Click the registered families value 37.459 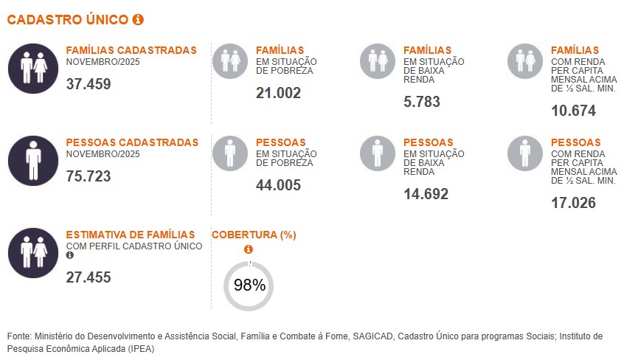tap(89, 84)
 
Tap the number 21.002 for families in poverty tap(278, 93)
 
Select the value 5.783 tap(422, 102)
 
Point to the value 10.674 tap(573, 111)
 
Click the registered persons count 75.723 tap(89, 176)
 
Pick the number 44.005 tap(278, 185)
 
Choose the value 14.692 tap(426, 194)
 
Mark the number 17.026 tap(573, 203)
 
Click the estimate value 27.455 tap(89, 277)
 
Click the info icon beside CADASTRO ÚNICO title tap(138, 20)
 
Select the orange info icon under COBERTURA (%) tap(249, 249)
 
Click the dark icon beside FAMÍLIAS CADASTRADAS tap(33, 68)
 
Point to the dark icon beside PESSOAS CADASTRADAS tap(33, 160)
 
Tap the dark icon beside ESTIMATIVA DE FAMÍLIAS tap(33, 252)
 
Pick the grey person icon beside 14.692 tap(378, 153)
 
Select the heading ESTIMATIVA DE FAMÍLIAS tap(131, 235)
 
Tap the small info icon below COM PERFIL tap(70, 255)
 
